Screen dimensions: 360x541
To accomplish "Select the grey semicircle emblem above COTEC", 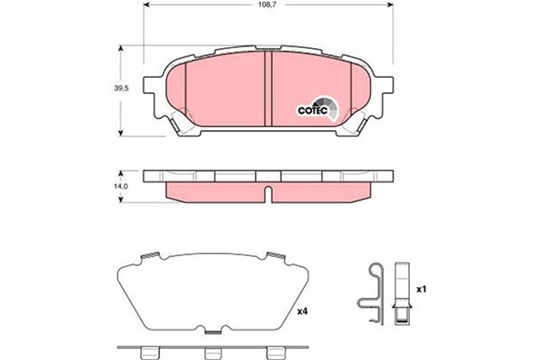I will pos(329,107).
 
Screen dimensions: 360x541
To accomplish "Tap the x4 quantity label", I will pos(303,312).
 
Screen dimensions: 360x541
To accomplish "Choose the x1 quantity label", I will pos(420,289).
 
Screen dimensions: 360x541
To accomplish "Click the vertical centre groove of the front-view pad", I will pos(266,90).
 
